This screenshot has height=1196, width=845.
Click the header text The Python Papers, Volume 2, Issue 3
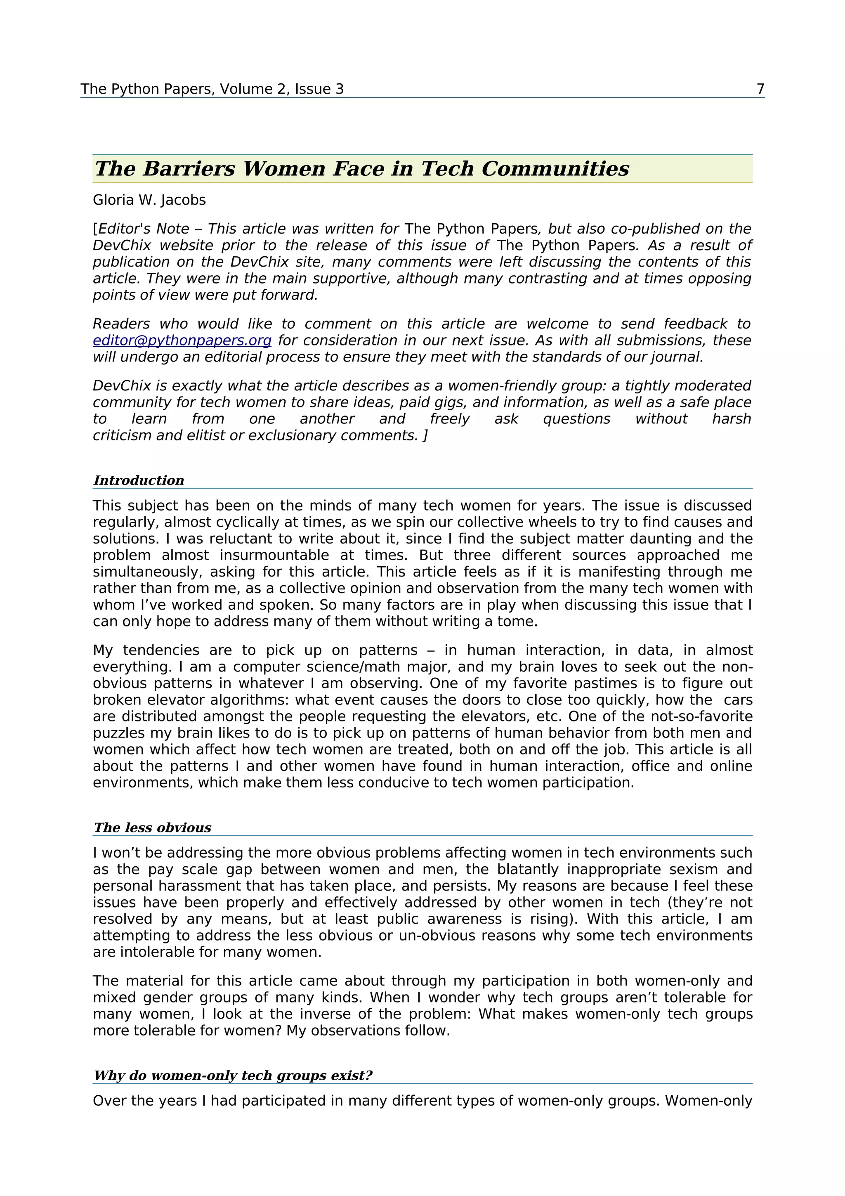click(212, 89)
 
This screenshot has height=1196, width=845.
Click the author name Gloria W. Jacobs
click(149, 200)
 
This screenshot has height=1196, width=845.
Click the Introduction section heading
click(139, 480)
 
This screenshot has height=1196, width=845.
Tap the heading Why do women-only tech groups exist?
click(233, 1075)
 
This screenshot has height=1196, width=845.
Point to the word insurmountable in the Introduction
click(278, 555)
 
